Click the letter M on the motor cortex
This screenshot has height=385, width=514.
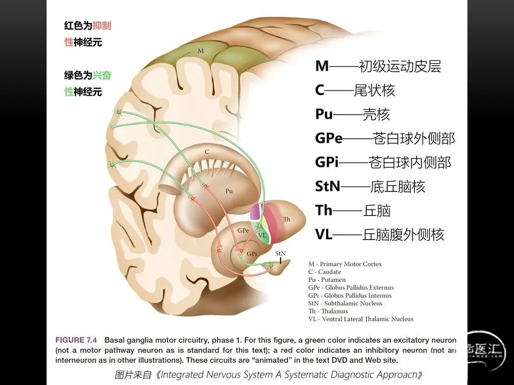tap(201, 51)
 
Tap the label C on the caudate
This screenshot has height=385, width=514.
tap(207, 152)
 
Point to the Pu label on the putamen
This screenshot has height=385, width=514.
tap(229, 190)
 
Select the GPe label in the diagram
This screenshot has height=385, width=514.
tap(243, 230)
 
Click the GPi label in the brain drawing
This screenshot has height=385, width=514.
tap(251, 253)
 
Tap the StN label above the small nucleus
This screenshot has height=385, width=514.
tap(280, 253)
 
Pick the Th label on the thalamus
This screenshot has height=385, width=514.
tap(286, 220)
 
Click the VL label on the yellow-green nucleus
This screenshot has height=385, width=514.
tap(262, 235)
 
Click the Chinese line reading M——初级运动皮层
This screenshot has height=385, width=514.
tap(378, 66)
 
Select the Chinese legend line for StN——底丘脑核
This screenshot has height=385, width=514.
tap(370, 187)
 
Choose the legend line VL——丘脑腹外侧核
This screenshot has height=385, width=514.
tap(380, 234)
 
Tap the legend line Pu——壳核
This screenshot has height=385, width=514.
tap(352, 114)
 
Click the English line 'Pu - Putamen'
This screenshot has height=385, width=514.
tap(327, 280)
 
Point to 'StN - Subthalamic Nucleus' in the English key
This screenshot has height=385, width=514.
tap(345, 303)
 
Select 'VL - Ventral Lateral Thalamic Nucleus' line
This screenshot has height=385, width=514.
tap(360, 319)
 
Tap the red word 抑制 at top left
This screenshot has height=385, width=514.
tap(102, 26)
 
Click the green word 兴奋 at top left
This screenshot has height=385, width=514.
tap(102, 75)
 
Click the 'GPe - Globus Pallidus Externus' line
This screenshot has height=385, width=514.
tap(350, 288)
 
